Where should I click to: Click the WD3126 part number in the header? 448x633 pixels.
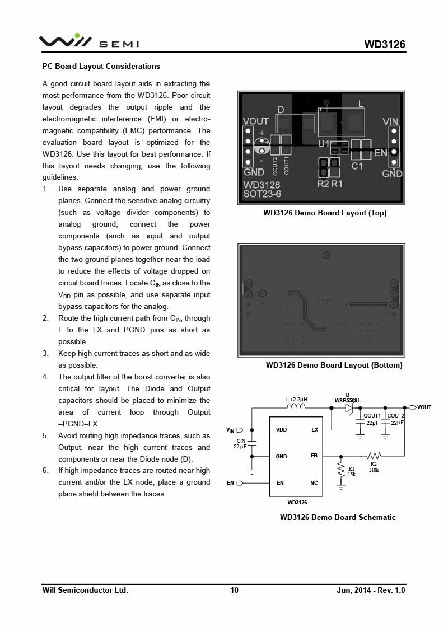[x=385, y=45]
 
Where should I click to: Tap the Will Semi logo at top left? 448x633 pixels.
[x=88, y=42]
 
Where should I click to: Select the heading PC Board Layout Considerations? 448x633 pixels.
[x=101, y=67]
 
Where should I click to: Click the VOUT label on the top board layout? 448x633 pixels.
[x=255, y=121]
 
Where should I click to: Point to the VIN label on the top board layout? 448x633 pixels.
[x=390, y=121]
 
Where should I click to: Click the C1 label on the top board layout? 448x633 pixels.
[x=357, y=166]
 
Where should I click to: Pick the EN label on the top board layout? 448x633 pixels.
[x=381, y=152]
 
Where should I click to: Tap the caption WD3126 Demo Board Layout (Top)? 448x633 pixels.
[x=325, y=213]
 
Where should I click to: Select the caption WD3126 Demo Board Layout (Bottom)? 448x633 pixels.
[x=334, y=365]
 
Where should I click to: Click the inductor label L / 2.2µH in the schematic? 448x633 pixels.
[x=297, y=400]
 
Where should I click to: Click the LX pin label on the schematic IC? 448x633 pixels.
[x=315, y=430]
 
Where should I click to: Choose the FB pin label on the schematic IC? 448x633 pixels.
[x=314, y=456]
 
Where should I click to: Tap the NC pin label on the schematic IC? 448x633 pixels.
[x=314, y=482]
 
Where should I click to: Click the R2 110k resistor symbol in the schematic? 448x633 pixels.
[x=374, y=456]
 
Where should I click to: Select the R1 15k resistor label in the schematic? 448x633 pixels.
[x=351, y=472]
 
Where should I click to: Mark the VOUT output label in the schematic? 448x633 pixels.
[x=424, y=407]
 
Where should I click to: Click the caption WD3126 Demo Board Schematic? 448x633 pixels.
[x=338, y=517]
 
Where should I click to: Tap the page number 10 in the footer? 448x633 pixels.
[x=234, y=590]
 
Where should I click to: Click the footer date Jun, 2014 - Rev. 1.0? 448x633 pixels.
[x=371, y=590]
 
